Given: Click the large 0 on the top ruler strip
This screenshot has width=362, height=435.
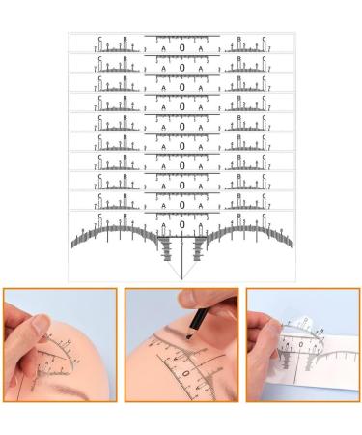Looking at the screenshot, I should [x=181, y=45].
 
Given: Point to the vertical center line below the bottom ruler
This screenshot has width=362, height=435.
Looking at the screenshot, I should [x=181, y=266].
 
